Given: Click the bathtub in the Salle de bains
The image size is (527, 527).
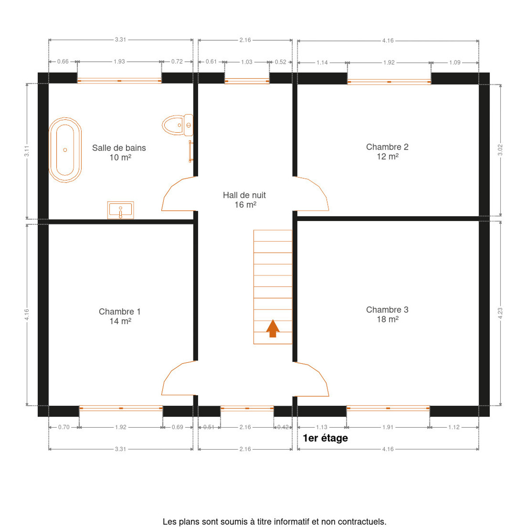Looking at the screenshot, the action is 65,150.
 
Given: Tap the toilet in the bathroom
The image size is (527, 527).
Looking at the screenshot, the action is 177,125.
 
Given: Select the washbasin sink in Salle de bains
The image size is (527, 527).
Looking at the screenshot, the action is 120,210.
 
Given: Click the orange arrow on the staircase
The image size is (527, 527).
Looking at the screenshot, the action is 273,328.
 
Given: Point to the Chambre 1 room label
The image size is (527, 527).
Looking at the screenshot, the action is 120,316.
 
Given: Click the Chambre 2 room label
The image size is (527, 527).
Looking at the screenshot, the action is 387,152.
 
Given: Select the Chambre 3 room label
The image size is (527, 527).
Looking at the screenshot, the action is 387,314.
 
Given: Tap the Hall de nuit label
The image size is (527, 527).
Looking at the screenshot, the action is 245,200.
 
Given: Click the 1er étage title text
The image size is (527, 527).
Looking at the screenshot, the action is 325,438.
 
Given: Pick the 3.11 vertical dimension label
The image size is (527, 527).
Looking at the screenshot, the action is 26,151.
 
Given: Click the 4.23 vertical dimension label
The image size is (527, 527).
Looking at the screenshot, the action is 500,313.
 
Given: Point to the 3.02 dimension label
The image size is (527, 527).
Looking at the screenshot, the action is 500,150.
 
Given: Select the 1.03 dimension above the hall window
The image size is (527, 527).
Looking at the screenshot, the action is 247,62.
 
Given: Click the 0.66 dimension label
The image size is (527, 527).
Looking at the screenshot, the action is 63,61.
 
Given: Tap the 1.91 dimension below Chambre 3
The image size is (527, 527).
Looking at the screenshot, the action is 388,427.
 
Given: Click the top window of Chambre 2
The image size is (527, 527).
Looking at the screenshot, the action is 389,82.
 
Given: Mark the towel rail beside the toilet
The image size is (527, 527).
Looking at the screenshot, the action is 191,152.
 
